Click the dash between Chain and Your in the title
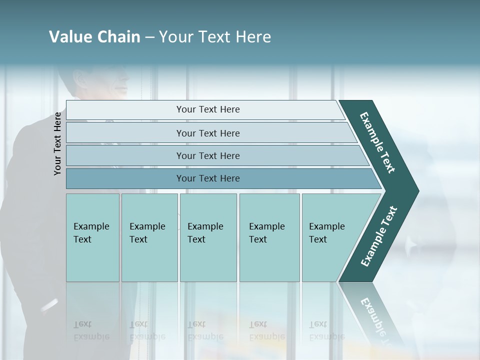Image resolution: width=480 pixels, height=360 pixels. click(149, 37)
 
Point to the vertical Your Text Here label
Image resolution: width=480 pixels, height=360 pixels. click(57, 143)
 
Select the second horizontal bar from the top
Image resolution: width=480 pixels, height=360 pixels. click(208, 133)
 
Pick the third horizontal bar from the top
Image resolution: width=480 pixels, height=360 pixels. click(208, 155)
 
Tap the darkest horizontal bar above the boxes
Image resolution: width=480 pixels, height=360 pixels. click(208, 178)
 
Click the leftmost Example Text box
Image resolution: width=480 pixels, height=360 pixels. click(92, 237)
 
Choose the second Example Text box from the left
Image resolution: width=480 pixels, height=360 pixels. click(149, 237)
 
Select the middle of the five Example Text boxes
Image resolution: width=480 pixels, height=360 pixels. click(208, 237)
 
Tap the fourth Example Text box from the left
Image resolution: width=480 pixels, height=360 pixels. click(269, 237)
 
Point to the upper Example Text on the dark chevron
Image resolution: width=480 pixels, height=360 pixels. click(377, 142)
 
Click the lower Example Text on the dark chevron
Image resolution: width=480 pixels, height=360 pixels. click(379, 236)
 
